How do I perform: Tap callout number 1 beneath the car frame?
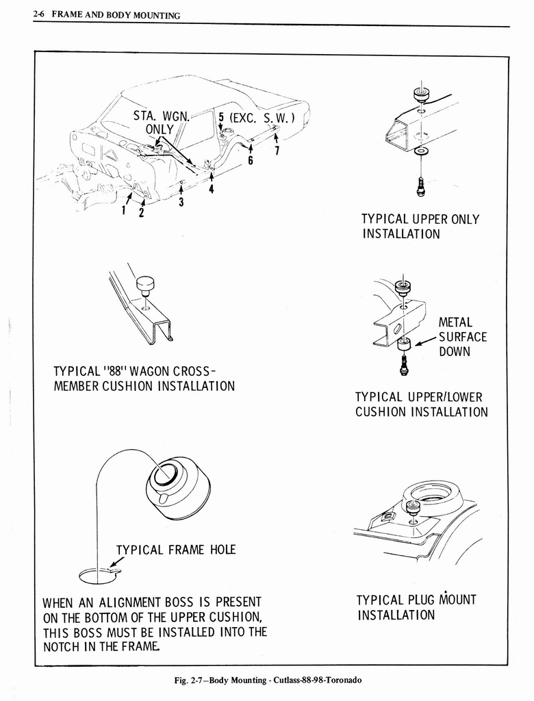(123, 210)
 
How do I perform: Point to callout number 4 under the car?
(212, 190)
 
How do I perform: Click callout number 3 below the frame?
(181, 202)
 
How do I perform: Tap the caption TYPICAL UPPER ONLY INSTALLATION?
(420, 227)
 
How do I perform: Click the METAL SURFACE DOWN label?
(462, 337)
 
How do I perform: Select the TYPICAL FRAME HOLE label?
(175, 549)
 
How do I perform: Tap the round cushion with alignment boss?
(178, 487)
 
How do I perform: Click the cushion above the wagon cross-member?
(145, 283)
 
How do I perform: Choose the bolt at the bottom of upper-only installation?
(420, 186)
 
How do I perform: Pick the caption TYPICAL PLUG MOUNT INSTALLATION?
(416, 607)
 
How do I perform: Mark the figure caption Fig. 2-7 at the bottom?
(267, 680)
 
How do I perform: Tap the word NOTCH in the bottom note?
(64, 646)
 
